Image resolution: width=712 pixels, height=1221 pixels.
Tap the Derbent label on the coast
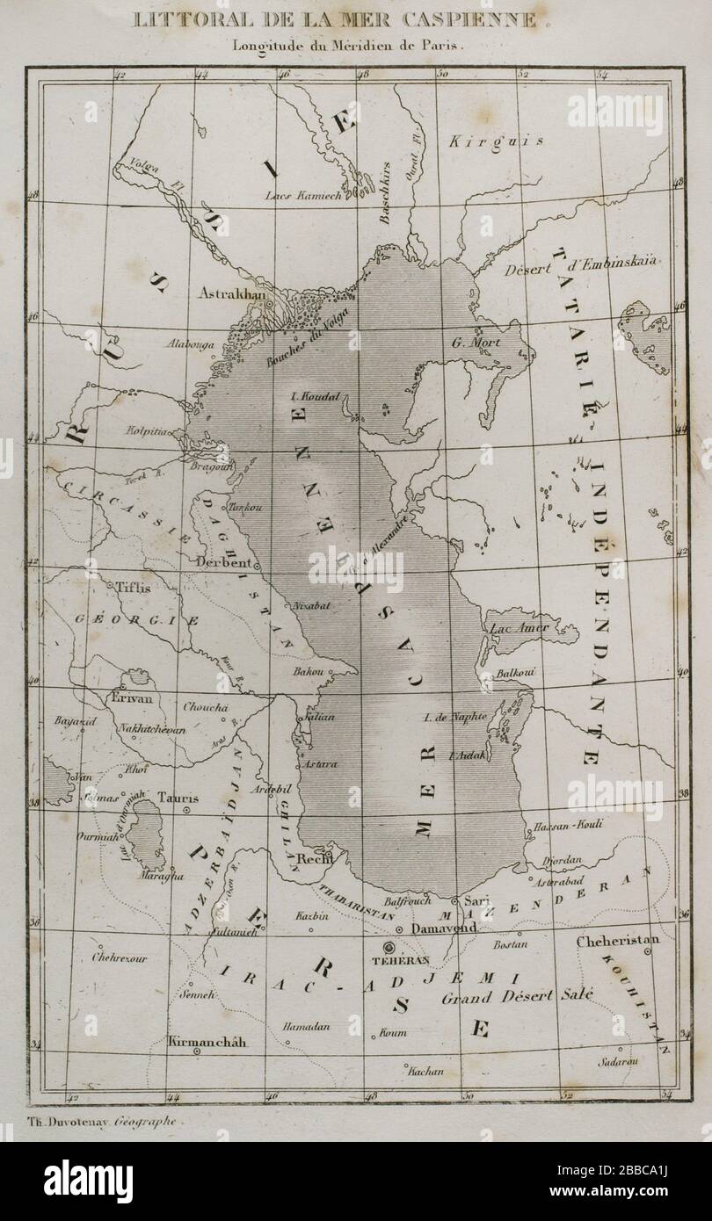(225, 562)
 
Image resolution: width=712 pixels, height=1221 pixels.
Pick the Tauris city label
(178, 798)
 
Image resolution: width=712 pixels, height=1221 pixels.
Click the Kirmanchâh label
(204, 1043)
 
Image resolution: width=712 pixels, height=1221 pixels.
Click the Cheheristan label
(617, 941)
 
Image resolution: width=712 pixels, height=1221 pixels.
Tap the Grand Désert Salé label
(517, 997)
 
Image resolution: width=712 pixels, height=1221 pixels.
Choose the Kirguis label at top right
(496, 141)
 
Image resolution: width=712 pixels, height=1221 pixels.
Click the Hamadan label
(305, 1026)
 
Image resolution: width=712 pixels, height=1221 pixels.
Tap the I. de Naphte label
(454, 717)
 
